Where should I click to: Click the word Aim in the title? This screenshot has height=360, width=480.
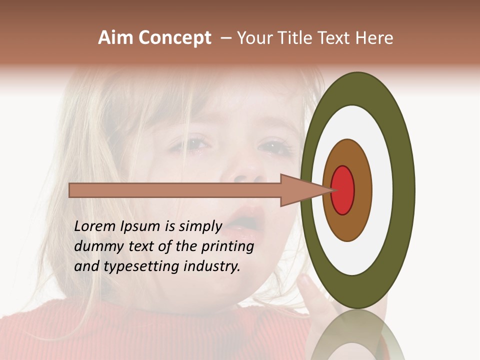pos(115,38)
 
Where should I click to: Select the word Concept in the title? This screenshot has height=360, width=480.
pos(174,38)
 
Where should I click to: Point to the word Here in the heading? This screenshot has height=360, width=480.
pos(374,38)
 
